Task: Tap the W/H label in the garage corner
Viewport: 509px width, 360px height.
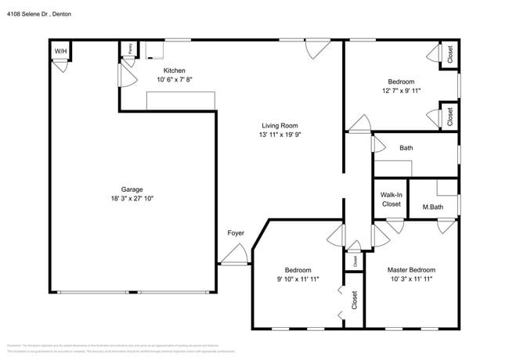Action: click(60, 52)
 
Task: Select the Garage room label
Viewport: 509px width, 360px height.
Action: click(132, 189)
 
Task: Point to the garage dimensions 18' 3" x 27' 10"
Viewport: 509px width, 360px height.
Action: click(132, 199)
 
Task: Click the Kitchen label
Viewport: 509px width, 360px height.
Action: click(174, 70)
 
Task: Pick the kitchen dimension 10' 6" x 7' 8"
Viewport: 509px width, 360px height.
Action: click(174, 80)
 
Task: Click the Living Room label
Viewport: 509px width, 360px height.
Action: click(280, 125)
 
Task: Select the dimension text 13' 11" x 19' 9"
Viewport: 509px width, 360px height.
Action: click(280, 135)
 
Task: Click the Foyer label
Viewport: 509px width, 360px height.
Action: click(236, 232)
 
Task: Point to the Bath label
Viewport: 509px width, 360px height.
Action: click(406, 147)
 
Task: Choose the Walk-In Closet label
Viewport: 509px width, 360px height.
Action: click(392, 200)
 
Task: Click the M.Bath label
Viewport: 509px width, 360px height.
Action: click(433, 207)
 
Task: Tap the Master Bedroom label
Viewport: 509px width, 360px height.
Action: click(411, 269)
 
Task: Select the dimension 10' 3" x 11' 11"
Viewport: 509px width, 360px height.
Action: click(411, 279)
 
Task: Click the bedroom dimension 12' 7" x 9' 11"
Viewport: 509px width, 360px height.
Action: click(401, 91)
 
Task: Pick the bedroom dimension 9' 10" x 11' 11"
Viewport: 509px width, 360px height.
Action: click(298, 279)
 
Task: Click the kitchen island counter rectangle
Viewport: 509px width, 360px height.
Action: click(180, 100)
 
